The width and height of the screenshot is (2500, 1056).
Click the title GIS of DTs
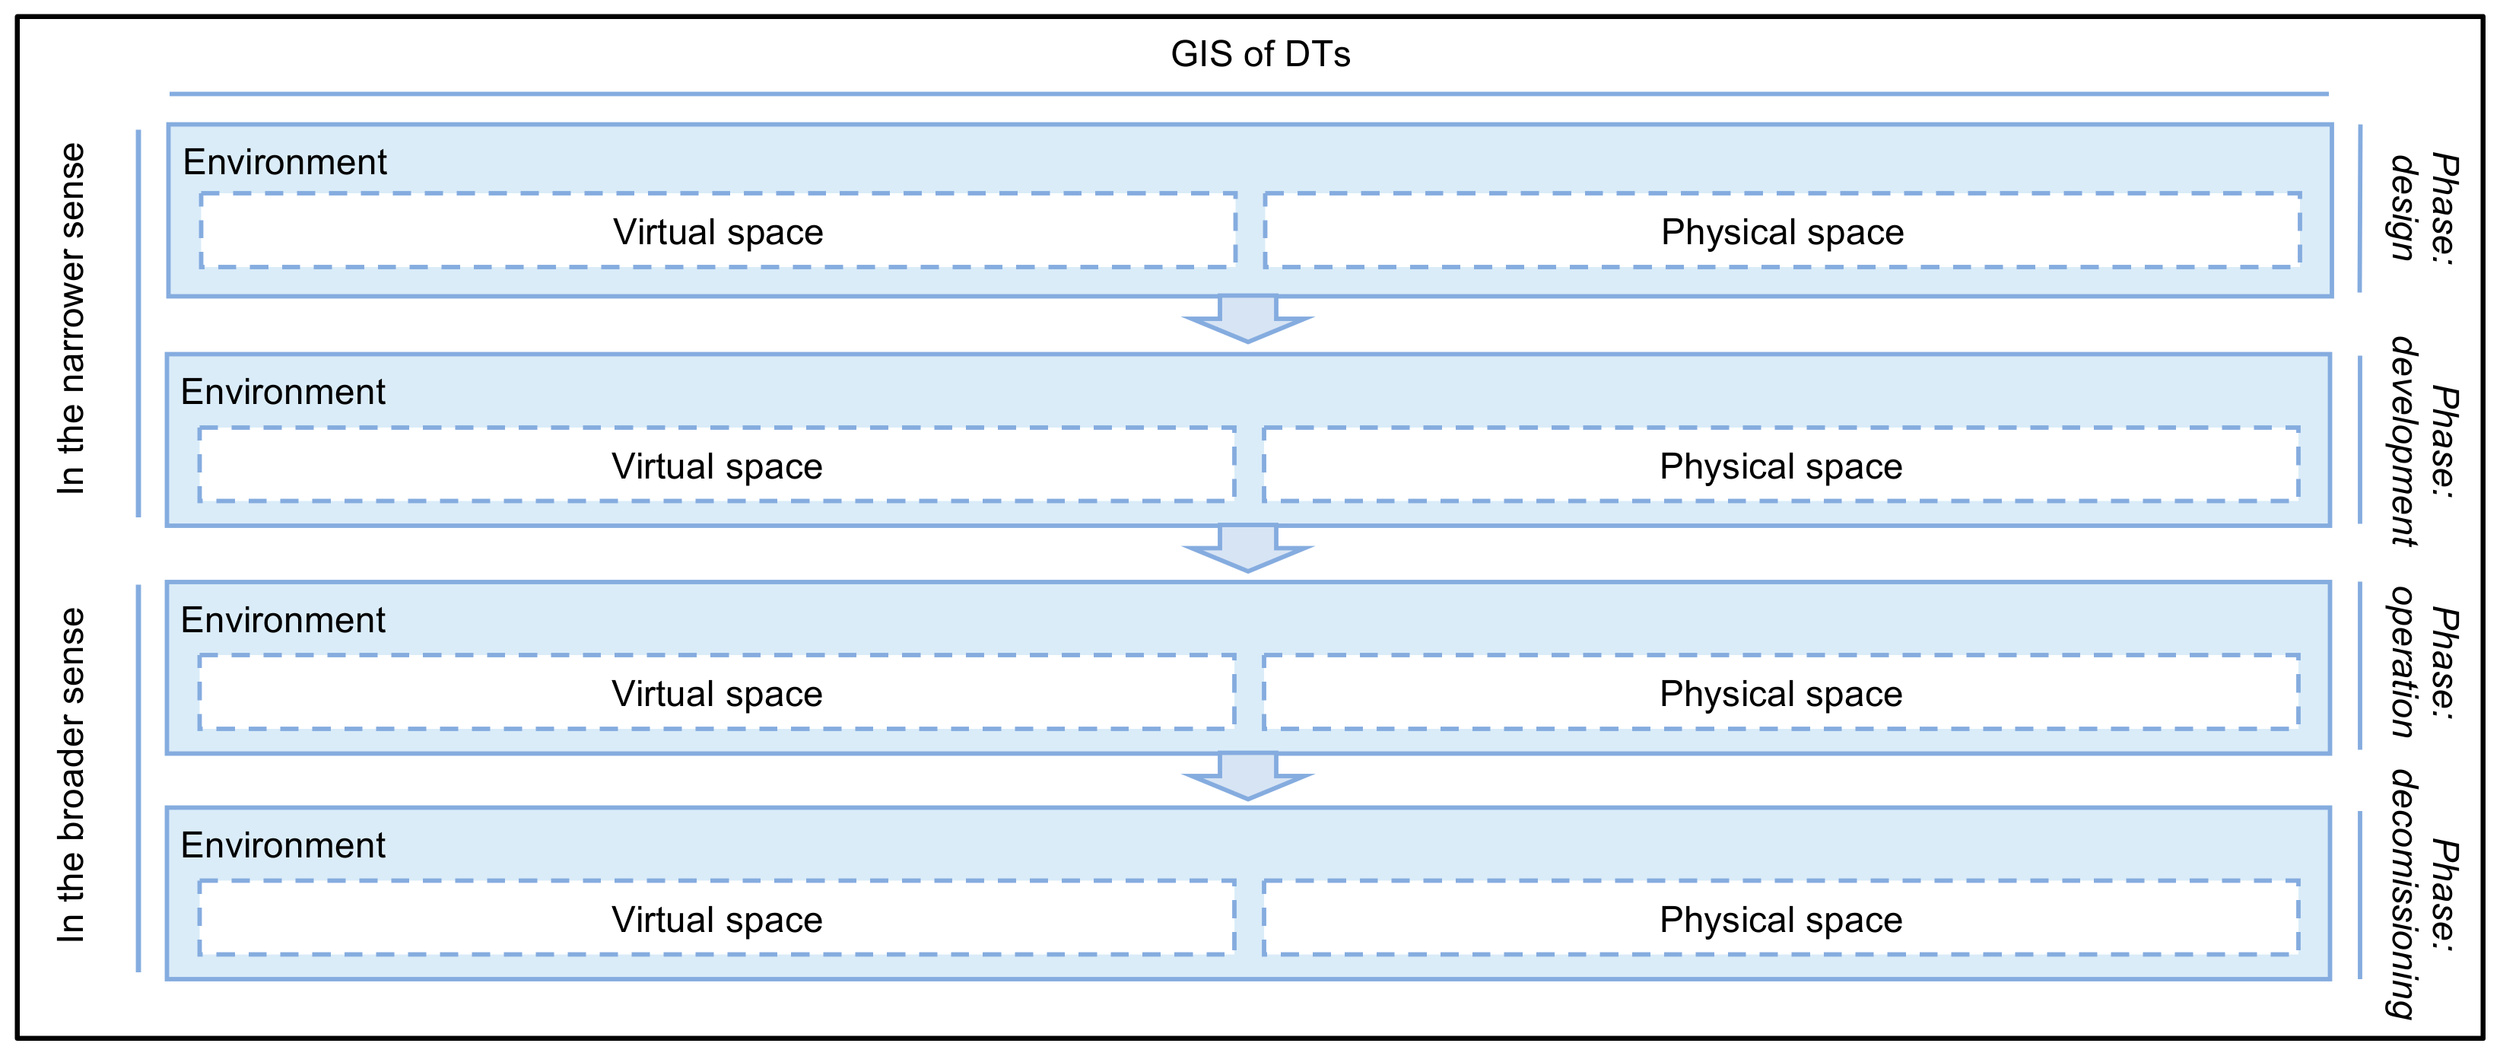coord(1260,54)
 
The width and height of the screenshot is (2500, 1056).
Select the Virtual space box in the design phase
coord(718,232)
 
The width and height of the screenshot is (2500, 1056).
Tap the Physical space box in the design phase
coord(1782,232)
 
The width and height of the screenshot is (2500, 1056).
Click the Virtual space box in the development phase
coord(717,466)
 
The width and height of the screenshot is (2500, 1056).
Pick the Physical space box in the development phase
coord(1780,466)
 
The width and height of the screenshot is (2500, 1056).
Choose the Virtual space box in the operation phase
coord(717,693)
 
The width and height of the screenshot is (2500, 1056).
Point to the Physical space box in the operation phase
coord(1780,693)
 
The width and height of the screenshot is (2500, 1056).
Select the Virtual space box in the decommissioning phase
coord(717,919)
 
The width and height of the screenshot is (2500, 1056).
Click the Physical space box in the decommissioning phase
coord(1780,919)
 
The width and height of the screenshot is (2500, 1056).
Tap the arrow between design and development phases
coord(1248,318)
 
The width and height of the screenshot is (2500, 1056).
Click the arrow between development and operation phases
coord(1248,549)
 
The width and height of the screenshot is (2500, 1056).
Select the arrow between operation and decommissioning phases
coord(1248,775)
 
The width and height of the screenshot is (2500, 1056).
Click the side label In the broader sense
coord(71,775)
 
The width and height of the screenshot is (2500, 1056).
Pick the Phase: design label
coord(2422,208)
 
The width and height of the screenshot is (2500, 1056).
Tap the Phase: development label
coord(2422,441)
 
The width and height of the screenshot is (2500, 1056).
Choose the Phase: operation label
coord(2422,663)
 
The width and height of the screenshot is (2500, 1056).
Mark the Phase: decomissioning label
coord(2422,894)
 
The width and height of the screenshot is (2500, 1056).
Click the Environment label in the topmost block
coord(284,162)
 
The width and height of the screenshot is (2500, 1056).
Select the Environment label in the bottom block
coord(282,845)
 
